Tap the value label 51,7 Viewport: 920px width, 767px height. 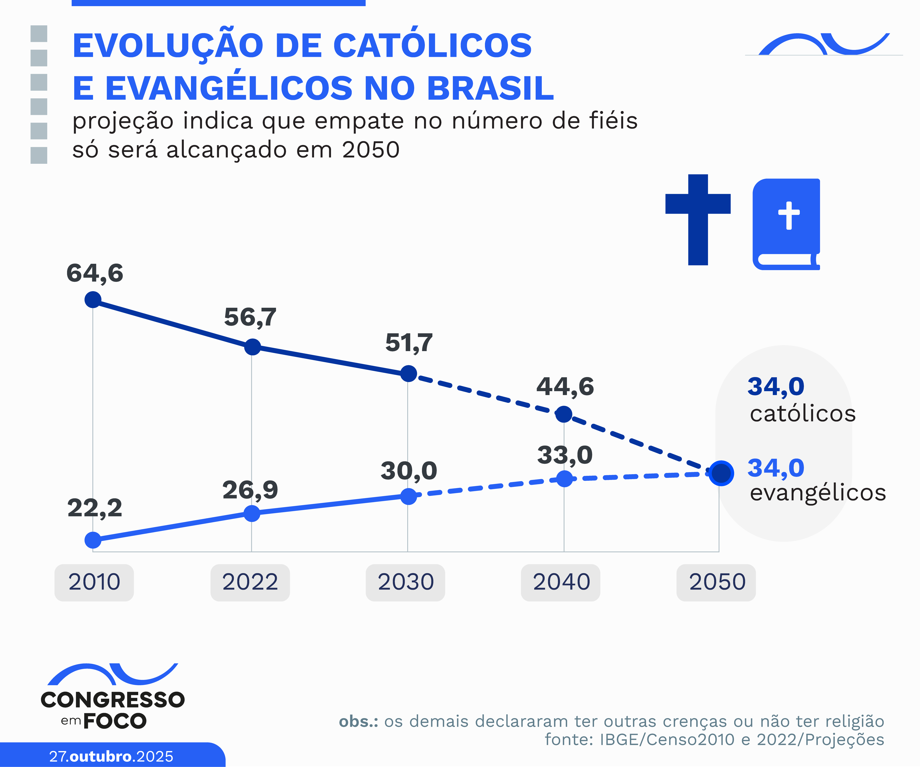point(409,343)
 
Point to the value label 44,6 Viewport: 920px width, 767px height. point(565,387)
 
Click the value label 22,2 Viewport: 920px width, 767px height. point(95,508)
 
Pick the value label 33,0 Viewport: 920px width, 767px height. point(565,455)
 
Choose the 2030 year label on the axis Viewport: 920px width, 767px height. point(406,582)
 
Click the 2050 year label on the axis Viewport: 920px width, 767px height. point(717,582)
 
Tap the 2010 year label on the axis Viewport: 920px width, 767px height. point(94,582)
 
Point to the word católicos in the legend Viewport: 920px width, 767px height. point(803,414)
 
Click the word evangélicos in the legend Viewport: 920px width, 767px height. point(818,493)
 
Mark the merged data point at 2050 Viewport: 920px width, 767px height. point(721,473)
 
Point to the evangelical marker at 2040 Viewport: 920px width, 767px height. point(564,479)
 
